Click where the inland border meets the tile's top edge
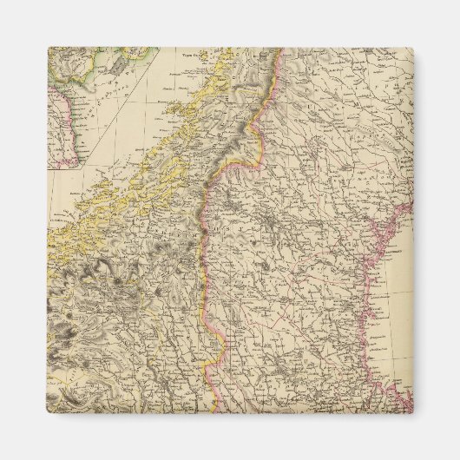pos(280,49)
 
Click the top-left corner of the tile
pos(48,48)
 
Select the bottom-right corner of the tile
pos(412,412)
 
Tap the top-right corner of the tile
pos(412,48)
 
